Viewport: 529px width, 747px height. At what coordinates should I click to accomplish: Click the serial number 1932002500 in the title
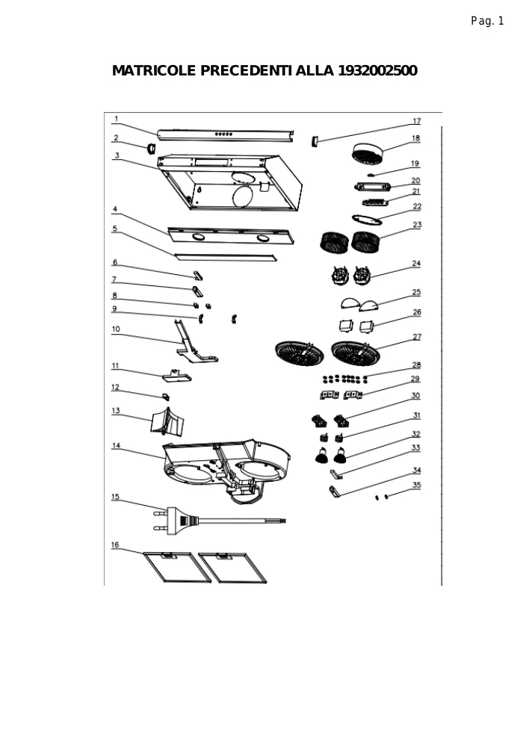coord(377,70)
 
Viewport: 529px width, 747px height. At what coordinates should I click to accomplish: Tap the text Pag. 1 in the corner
coord(487,21)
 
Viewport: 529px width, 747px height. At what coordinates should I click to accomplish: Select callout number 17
coord(416,122)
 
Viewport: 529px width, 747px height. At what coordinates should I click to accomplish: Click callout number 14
coord(117,446)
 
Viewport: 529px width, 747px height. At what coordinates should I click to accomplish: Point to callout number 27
coord(417,337)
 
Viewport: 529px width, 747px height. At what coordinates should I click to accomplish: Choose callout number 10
coord(116,329)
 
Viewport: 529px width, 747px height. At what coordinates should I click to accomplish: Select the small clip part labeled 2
coord(150,148)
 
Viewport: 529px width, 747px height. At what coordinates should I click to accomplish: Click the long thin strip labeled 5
coord(226,257)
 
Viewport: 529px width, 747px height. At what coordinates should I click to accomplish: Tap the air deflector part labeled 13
coord(168,423)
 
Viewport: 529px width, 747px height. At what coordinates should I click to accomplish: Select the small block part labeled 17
coord(314,141)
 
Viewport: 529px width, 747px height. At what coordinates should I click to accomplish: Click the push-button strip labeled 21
coord(376,202)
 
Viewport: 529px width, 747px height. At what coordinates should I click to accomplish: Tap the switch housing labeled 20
coord(373,186)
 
